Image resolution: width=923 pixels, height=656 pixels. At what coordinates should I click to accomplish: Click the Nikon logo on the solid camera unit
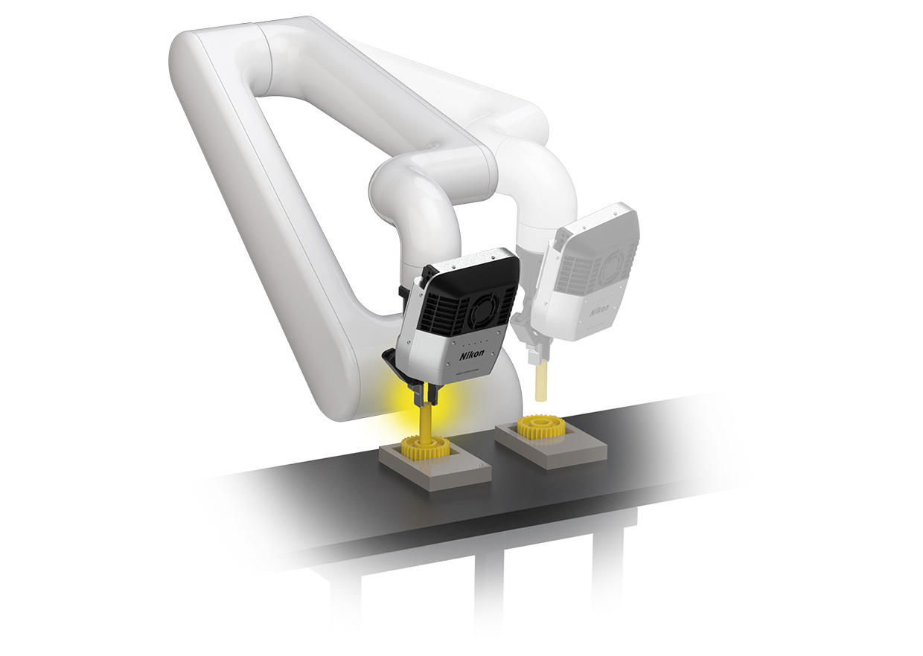(x=471, y=356)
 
